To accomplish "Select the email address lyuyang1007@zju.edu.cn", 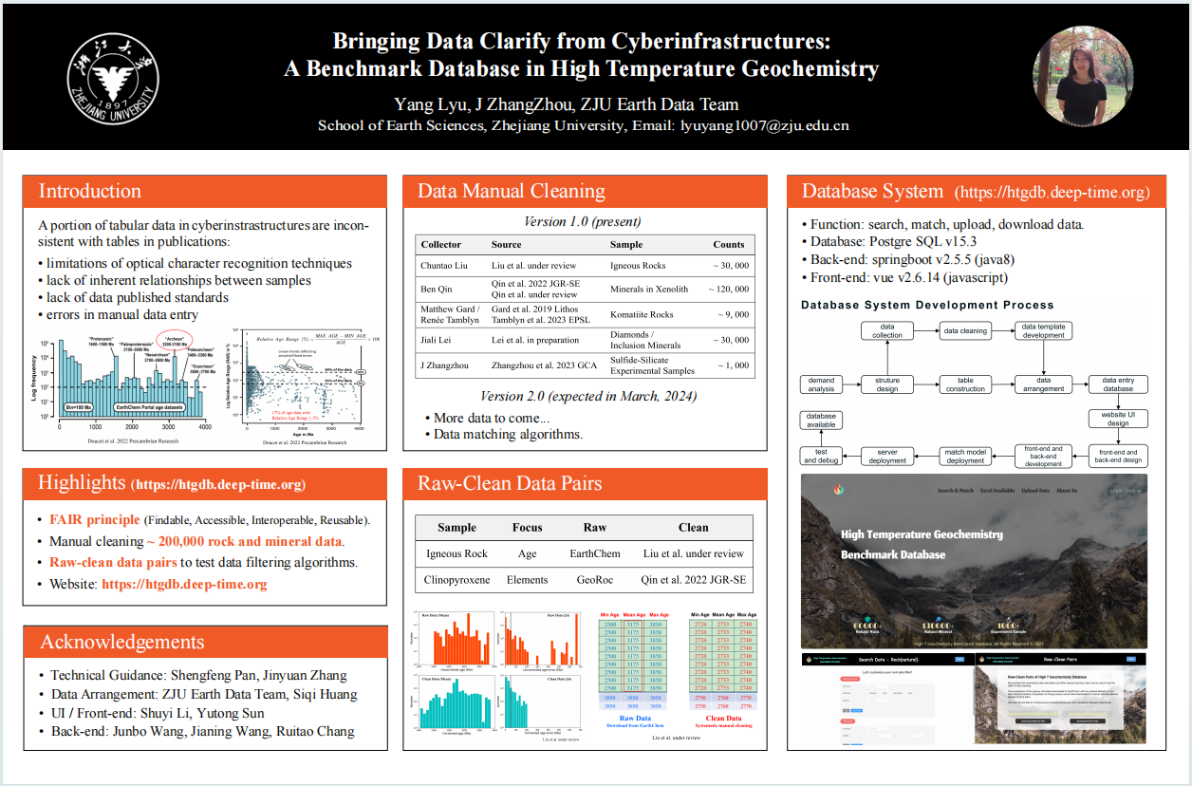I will coord(763,125).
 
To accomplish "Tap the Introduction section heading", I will coord(89,191).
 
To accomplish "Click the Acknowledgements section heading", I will coord(121,643).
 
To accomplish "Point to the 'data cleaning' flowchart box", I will coord(965,331).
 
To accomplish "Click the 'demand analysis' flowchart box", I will coord(821,384).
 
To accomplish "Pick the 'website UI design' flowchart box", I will coord(1118,419).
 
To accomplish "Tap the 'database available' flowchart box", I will coord(821,421).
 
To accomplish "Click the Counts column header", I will coord(729,244).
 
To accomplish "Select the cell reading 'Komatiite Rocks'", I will coord(643,314).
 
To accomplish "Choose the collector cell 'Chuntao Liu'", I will coord(445,266).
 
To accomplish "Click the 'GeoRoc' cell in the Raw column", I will coord(594,579).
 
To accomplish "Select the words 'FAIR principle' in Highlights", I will coord(93,520).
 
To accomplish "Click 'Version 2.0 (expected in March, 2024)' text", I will coord(588,396).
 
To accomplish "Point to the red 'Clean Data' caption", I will coord(723,719).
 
